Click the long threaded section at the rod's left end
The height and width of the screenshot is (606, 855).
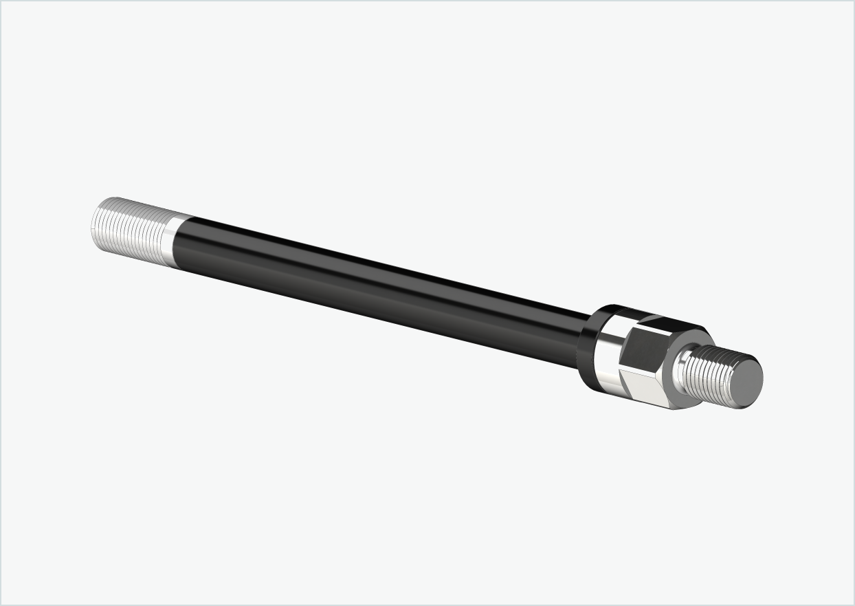click(131, 230)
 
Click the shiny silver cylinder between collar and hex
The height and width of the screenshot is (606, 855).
click(607, 358)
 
